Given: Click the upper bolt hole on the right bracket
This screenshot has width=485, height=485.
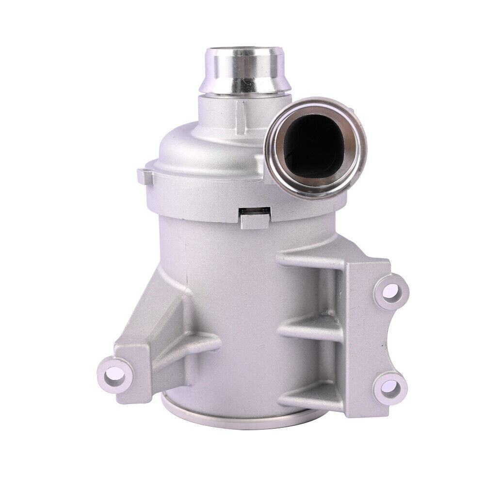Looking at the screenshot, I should coord(392,291).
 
